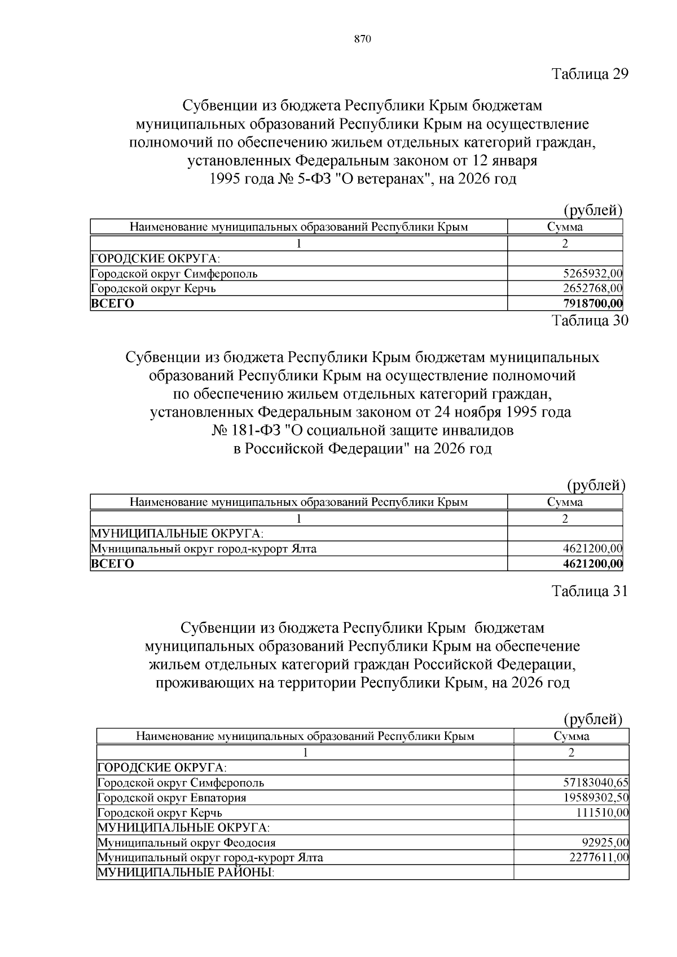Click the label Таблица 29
tap(590, 74)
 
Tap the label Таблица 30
tap(590, 321)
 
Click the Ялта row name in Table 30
tap(204, 549)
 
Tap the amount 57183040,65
tap(596, 783)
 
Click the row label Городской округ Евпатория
tap(172, 798)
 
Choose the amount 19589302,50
tap(596, 798)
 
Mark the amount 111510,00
tap(602, 813)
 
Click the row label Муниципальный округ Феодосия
tap(187, 843)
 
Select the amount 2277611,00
tap(600, 858)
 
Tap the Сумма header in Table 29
tap(565, 227)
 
